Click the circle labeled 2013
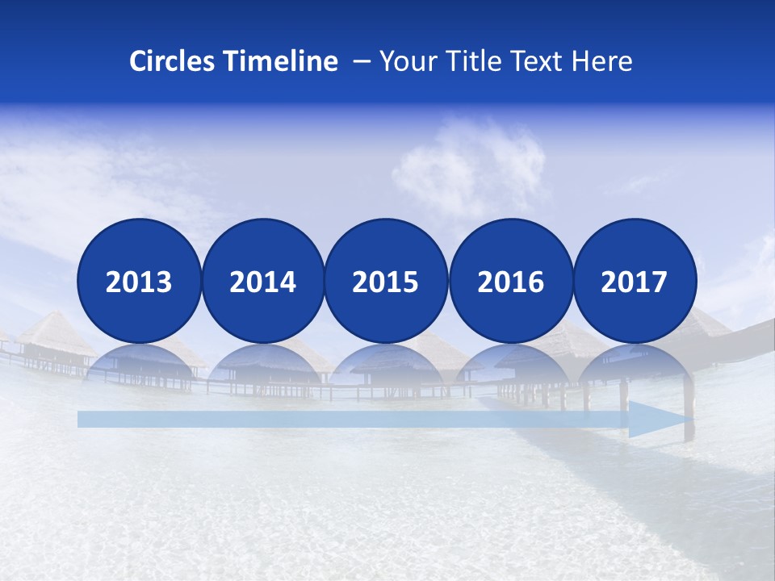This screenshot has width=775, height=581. coord(139,281)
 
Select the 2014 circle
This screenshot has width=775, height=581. coord(262,281)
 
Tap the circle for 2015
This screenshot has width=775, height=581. coord(386,281)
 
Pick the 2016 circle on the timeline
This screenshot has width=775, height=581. coord(510,281)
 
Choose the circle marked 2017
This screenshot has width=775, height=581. coord(635,281)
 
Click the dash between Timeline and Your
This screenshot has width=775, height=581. coord(362,62)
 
